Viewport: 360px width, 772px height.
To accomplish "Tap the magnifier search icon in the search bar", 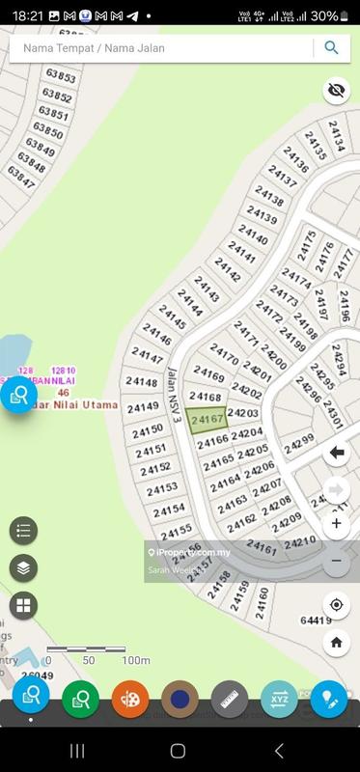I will pos(331,48).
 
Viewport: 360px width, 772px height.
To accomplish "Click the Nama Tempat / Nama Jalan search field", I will pos(159,48).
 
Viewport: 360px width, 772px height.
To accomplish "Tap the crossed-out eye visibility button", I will pos(336,91).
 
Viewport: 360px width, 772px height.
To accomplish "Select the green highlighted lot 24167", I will pos(208,420).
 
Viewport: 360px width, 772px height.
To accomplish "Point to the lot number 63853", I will pos(60,76).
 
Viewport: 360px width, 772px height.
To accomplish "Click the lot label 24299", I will pos(299,443).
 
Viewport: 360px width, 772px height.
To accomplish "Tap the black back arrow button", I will pos(336,453).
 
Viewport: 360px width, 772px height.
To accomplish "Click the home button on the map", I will pos(336,642).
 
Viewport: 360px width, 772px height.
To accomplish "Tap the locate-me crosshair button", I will pos(336,605).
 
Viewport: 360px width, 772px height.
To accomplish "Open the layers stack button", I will pos(24,568).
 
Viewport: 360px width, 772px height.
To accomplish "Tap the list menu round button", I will pos(24,530).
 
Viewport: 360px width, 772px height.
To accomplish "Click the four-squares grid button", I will pos(24,606).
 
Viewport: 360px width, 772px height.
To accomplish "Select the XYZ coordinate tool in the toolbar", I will pos(279,698).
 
